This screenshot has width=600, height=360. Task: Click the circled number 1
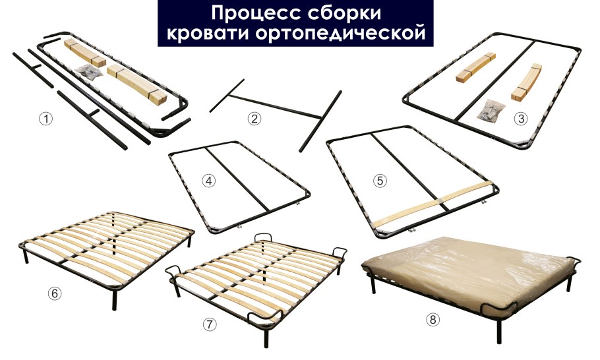[x=45, y=119]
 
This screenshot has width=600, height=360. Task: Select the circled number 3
[x=522, y=119]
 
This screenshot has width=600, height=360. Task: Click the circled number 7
[x=209, y=324]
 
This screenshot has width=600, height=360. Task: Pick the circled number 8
[x=433, y=320]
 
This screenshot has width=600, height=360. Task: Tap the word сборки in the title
[x=343, y=13]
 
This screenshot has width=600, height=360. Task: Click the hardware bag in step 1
[x=88, y=73]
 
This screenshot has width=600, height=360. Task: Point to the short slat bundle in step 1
[x=84, y=53]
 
